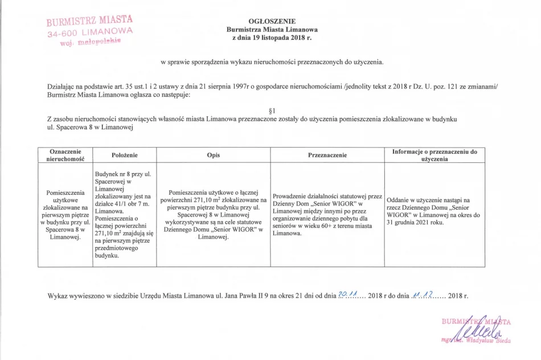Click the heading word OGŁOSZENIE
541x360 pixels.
pos(272,21)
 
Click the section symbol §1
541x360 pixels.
pos(272,110)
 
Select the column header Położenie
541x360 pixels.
pos(124,155)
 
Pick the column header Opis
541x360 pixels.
pos(214,155)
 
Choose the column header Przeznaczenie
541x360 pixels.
pos(327,155)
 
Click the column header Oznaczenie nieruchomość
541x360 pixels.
pos(65,155)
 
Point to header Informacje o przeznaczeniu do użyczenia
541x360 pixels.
pos(435,155)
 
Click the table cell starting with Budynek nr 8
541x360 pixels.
pos(124,215)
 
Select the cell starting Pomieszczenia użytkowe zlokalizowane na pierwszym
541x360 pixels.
pos(65,215)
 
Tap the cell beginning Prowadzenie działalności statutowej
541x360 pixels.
pos(327,215)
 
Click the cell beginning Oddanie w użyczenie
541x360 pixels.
pos(435,211)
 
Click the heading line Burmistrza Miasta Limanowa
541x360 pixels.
pos(272,30)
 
